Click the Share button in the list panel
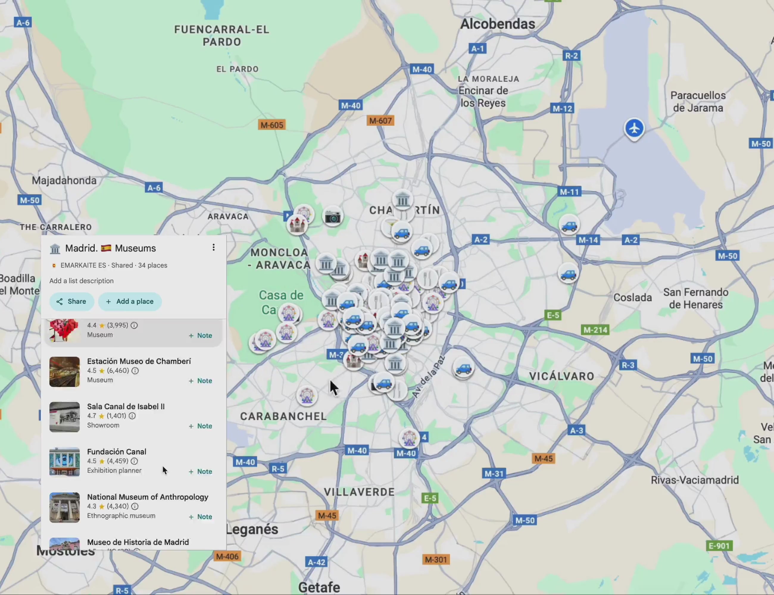tap(71, 301)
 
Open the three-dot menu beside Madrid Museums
tap(213, 247)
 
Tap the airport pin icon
tap(634, 128)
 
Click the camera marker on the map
tap(333, 217)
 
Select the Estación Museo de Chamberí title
tap(139, 361)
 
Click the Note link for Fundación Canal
tap(201, 472)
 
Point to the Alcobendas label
tap(497, 24)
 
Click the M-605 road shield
tap(272, 125)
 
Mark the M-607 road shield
tap(380, 121)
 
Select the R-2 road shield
tap(571, 56)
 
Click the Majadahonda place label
tap(64, 181)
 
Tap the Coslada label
tap(632, 297)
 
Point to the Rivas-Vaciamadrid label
tap(695, 480)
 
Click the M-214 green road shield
tap(595, 330)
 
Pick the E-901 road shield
tap(719, 546)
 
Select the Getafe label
tap(319, 587)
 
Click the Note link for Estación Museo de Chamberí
tap(201, 381)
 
